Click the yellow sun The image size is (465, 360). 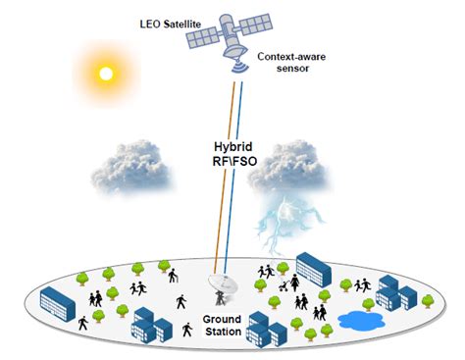click(103, 72)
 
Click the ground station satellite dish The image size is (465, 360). click(221, 283)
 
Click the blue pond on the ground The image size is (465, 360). click(361, 319)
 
